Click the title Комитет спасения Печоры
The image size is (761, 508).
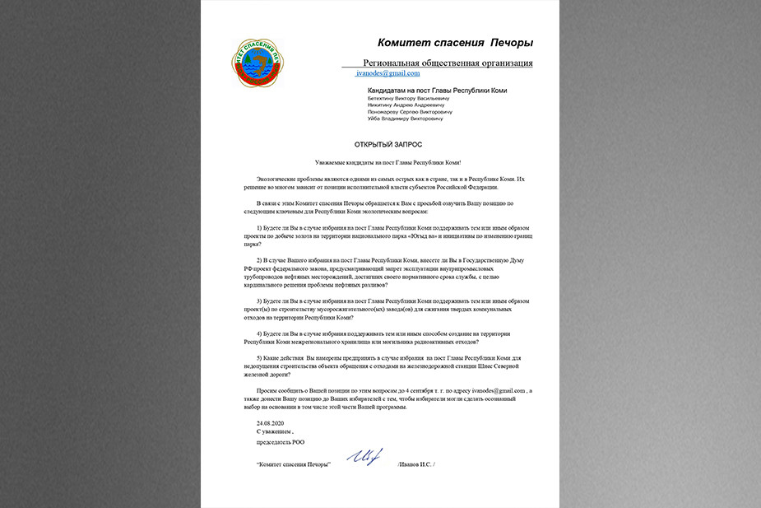455,43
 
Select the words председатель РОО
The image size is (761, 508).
280,442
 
